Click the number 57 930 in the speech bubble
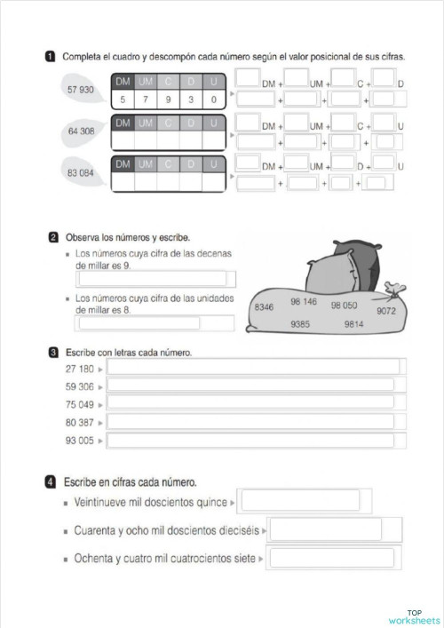pos(80,91)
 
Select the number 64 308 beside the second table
pos(80,131)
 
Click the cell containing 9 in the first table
pos(167,100)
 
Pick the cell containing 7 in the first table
pos(145,100)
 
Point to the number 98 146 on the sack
pos(303,302)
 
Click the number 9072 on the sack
pos(385,311)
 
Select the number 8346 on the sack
pos(264,306)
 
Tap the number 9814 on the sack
pos(353,324)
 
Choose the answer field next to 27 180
pos(253,368)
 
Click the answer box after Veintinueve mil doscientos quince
pos(300,501)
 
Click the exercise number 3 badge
pos(54,353)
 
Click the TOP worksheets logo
pos(414,616)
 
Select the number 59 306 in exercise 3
pos(80,386)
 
